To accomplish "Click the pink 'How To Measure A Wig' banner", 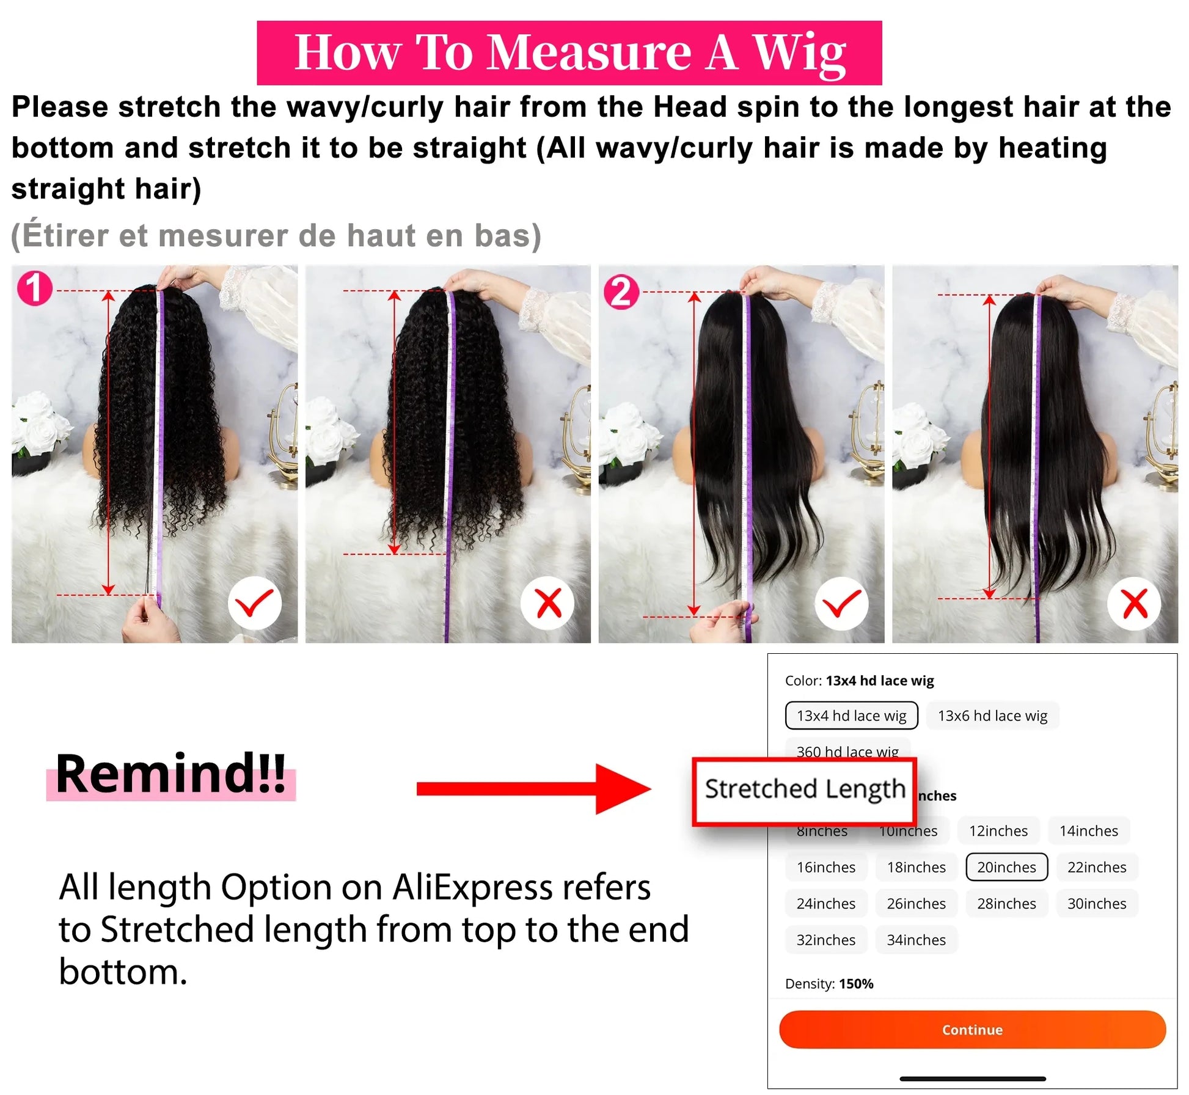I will point(569,53).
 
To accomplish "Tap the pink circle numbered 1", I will point(35,288).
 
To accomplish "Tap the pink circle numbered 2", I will point(621,292).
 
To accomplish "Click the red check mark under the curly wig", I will point(254,603).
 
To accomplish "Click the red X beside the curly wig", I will point(548,603).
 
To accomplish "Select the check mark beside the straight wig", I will point(841,603).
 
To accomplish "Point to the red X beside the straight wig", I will point(1135,604).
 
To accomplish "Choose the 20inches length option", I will point(1006,867).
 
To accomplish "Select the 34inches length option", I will point(916,940).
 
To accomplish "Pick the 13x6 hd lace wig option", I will point(992,716).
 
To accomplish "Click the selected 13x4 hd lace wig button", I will point(851,716).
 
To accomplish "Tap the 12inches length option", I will point(998,831).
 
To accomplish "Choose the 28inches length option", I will point(1006,904).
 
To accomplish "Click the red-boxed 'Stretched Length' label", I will point(805,789).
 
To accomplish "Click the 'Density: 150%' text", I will point(829,984).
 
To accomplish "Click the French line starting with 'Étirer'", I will point(276,236).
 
